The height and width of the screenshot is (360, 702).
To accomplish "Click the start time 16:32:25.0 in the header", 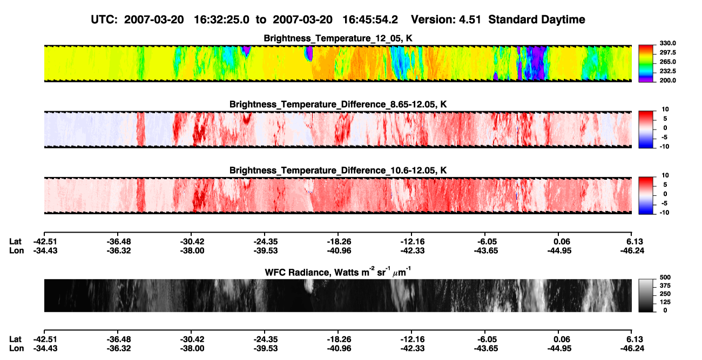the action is click(221, 20).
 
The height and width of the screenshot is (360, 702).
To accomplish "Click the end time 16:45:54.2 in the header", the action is click(370, 20).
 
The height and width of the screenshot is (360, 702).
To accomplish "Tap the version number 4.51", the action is click(470, 20).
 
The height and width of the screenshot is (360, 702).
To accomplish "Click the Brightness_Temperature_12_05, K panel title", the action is click(338, 38).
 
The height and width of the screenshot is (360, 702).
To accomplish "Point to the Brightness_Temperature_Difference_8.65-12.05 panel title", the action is click(338, 104).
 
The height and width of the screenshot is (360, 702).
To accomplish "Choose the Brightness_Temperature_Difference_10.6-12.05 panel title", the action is click(338, 171).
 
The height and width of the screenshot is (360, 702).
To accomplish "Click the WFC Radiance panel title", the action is click(338, 272).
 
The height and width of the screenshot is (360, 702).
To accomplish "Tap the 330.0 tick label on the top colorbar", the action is click(667, 43).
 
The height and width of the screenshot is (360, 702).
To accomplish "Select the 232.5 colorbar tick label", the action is click(667, 71).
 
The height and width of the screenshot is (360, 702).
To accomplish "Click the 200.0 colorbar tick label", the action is click(667, 80).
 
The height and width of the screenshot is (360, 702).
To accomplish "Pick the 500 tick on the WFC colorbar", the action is click(665, 277).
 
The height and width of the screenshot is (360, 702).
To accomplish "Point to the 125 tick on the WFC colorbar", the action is click(665, 302).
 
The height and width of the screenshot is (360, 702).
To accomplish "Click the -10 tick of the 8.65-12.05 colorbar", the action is click(664, 147).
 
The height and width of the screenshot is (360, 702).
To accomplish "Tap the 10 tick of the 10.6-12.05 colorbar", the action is click(665, 175).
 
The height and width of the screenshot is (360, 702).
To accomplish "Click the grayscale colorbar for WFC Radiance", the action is click(646, 295).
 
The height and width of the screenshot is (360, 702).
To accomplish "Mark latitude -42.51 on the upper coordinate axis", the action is click(45, 242).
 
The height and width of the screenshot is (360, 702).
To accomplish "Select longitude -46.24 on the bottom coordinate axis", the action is click(632, 349).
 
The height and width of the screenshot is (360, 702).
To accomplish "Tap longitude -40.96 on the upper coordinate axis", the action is click(339, 251).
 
